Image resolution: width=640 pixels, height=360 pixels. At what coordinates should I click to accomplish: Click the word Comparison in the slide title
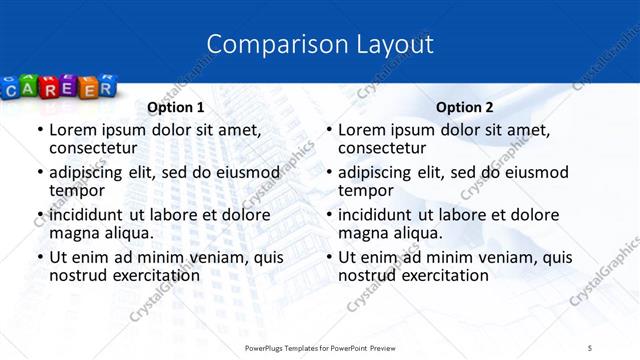[268, 44]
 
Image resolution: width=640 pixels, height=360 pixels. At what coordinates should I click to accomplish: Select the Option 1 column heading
[176, 107]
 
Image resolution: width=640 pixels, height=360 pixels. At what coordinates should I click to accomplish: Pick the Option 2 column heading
[465, 107]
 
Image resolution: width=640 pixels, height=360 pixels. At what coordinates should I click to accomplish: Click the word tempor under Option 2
[366, 189]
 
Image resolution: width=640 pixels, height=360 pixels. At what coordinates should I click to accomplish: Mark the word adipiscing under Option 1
[88, 172]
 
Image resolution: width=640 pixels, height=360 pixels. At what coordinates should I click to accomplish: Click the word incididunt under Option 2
[380, 215]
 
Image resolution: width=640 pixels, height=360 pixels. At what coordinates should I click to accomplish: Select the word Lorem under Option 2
[361, 129]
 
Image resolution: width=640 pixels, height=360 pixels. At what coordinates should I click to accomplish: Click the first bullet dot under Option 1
[39, 130]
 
